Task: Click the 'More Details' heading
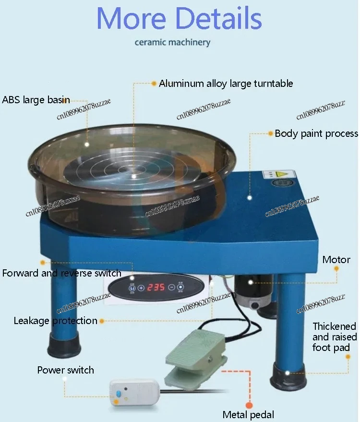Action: [180, 18]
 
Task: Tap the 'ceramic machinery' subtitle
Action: [172, 42]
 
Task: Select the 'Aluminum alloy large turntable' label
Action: [226, 84]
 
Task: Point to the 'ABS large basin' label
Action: [36, 100]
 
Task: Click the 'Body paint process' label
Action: [316, 133]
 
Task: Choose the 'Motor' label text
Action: [336, 260]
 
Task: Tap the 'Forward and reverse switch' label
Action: [61, 273]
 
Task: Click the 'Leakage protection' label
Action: [55, 321]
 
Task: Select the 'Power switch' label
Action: [66, 370]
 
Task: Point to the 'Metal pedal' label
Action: [248, 414]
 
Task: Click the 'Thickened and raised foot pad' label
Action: [335, 337]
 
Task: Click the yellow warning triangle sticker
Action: [284, 172]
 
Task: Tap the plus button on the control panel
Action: [141, 288]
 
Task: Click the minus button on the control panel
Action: [171, 288]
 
